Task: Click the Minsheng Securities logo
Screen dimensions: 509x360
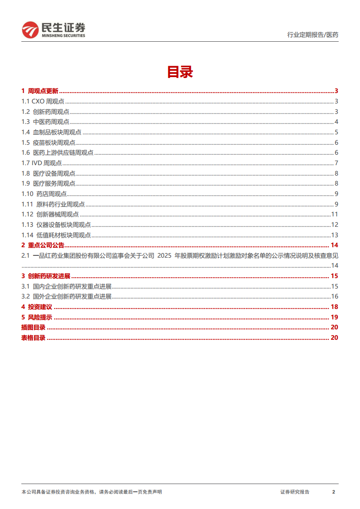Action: (x=53, y=30)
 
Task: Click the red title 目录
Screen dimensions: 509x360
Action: (x=180, y=72)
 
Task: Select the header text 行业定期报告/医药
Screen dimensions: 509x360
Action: (x=313, y=34)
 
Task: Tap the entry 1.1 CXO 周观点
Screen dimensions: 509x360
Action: (x=43, y=102)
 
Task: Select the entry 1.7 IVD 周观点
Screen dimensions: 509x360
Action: (x=41, y=163)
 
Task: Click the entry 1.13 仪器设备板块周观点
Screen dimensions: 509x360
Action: (x=56, y=224)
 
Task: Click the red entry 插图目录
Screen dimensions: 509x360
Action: (x=33, y=327)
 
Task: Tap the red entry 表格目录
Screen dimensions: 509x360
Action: (x=33, y=338)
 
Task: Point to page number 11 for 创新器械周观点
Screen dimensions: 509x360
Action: (x=335, y=214)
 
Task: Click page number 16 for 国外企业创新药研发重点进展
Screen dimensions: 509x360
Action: (x=335, y=296)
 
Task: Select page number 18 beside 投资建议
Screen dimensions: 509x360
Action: (x=335, y=307)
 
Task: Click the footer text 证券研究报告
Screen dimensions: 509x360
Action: (x=295, y=492)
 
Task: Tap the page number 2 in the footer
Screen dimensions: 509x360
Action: (x=334, y=492)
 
